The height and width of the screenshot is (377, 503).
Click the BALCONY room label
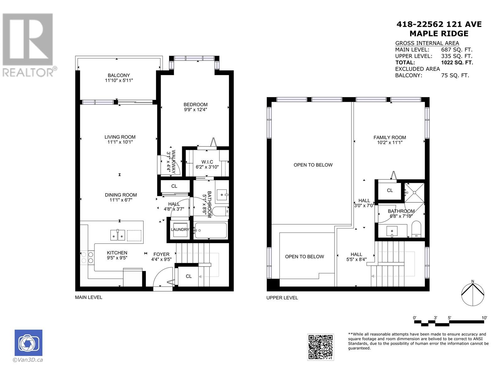pos(119,75)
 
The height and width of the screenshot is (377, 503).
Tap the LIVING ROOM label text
pos(120,137)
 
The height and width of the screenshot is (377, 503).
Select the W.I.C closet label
pos(207,162)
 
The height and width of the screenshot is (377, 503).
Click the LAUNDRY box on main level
pos(180,230)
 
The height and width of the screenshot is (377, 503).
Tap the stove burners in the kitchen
pos(87,257)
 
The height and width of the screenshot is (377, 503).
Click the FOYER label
pos(161,254)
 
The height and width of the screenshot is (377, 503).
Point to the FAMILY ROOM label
pos(390,137)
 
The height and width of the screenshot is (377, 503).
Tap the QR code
pos(320,347)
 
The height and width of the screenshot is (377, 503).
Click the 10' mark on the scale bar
pos(484,318)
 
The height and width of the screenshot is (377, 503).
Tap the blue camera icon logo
pos(28,343)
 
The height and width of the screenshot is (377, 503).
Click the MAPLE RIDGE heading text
pos(439,34)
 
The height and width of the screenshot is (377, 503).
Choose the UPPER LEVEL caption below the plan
pos(282,298)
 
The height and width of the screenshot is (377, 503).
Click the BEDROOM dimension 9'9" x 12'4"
pos(196,110)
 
